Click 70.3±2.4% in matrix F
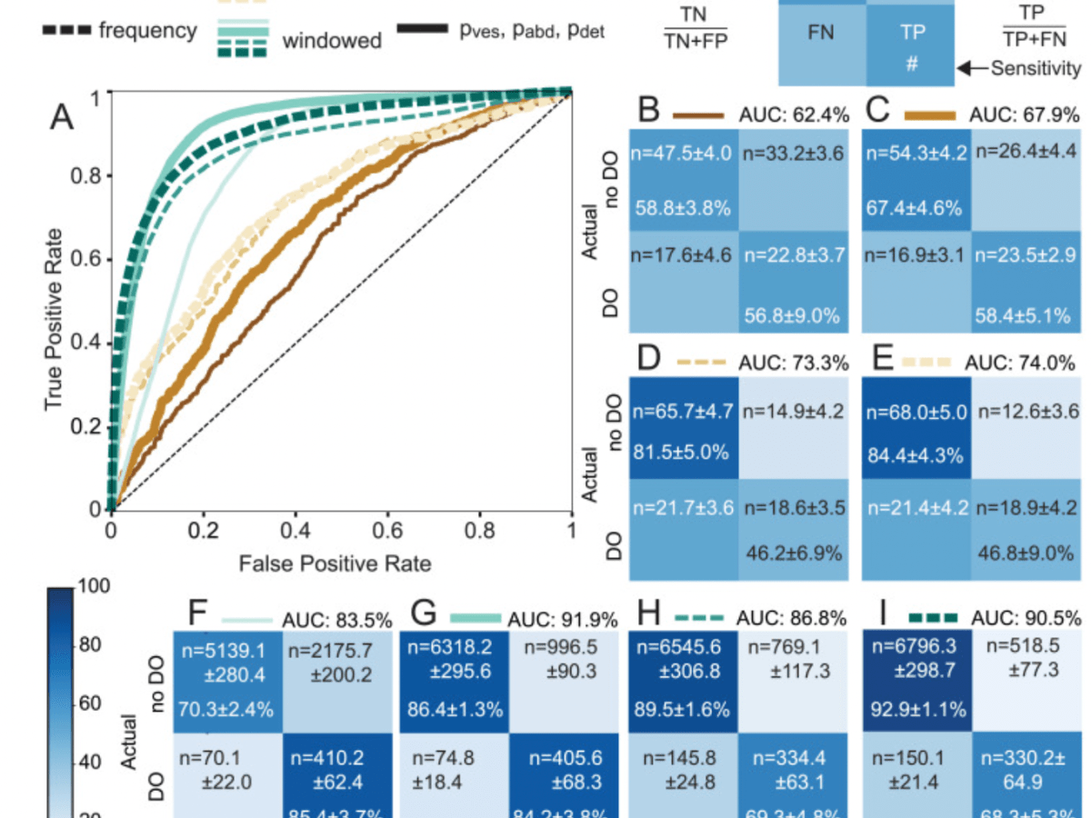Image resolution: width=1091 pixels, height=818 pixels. (x=227, y=709)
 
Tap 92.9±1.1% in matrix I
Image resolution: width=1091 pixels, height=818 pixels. (x=918, y=709)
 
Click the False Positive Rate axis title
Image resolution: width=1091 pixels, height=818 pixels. (x=335, y=564)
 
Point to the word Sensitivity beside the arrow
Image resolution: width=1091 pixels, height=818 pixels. (x=1036, y=68)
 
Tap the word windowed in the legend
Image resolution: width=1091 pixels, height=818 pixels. (x=332, y=41)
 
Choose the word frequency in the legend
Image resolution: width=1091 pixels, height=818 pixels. (x=147, y=30)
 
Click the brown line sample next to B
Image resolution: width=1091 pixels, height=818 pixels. (x=698, y=115)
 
